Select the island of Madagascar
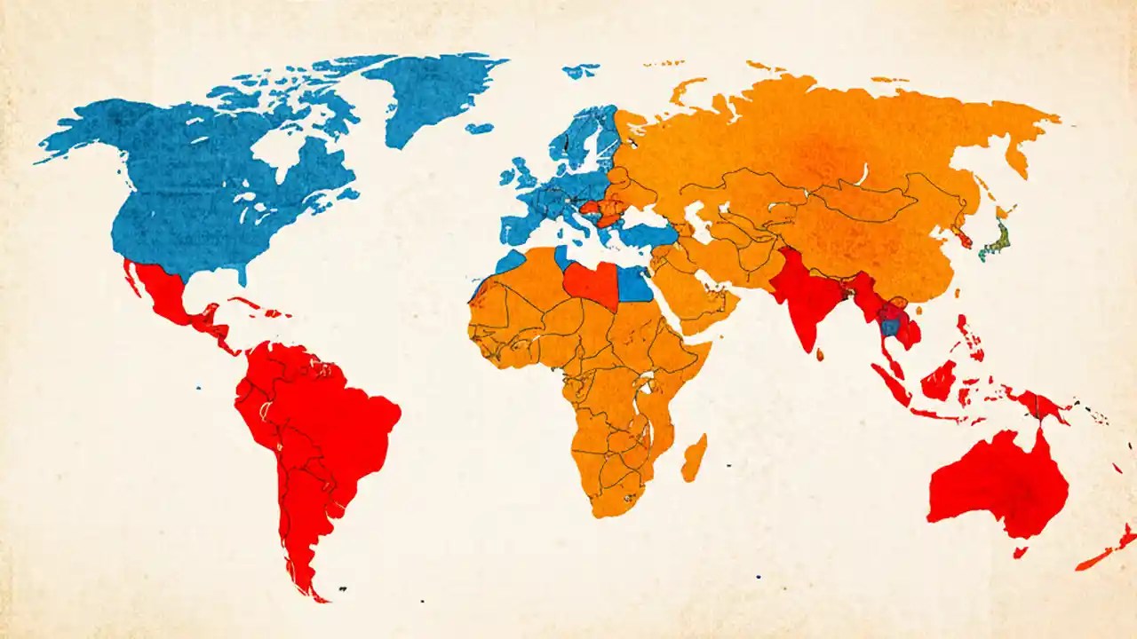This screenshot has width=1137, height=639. coord(694,458)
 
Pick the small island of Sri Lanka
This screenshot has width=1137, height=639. coord(819,355)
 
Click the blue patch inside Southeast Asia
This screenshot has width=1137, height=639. coord(888,326)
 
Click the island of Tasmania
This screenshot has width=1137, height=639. coord(1021,552)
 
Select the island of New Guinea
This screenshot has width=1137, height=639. coord(1039,405)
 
